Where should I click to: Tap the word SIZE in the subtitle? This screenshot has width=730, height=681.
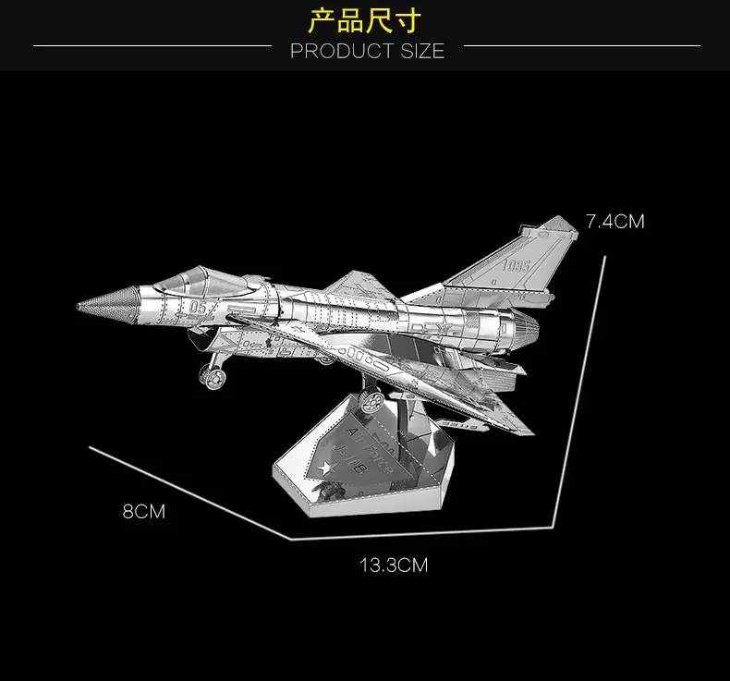pyautogui.click(x=422, y=52)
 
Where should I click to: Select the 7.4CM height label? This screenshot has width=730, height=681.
pyautogui.click(x=614, y=222)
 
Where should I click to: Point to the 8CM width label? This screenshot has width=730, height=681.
pyautogui.click(x=144, y=511)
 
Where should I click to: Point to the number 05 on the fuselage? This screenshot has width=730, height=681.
pyautogui.click(x=200, y=306)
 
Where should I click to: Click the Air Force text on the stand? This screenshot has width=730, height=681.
pyautogui.click(x=370, y=446)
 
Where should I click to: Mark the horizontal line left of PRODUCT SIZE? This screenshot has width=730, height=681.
pyautogui.click(x=152, y=44)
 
